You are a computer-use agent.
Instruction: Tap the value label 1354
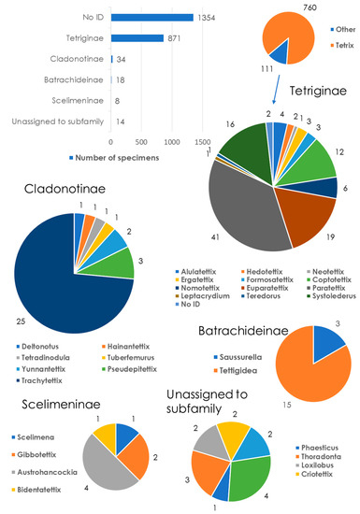click(207, 17)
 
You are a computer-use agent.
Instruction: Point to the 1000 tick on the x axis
click(170, 141)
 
